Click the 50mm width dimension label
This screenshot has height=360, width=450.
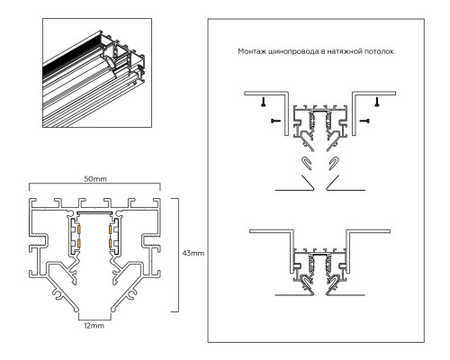[x=95, y=179]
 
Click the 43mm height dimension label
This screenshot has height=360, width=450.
[x=193, y=253]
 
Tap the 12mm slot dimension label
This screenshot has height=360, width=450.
[x=94, y=326]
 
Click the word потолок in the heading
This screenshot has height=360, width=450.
[x=379, y=51]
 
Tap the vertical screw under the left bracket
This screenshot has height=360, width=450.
[x=264, y=102]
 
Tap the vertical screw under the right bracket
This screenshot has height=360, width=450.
[x=377, y=102]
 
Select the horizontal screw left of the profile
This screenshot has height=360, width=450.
[x=275, y=121]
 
